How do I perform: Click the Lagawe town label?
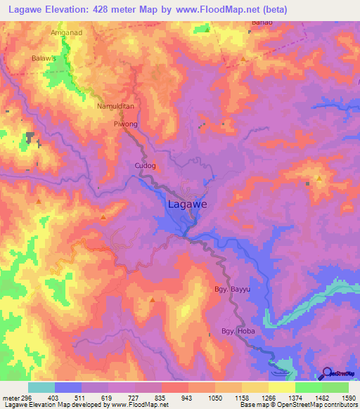[x=187, y=205]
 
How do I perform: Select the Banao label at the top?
[x=261, y=22]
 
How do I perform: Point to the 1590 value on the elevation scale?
[x=348, y=398]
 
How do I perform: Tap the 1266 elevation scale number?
[x=268, y=398]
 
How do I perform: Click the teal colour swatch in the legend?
[x=41, y=387]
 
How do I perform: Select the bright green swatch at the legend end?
[x=335, y=387]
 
